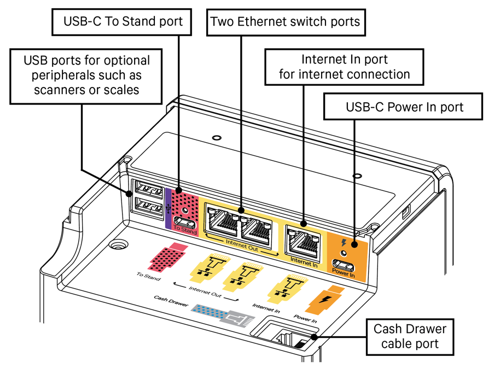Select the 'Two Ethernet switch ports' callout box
coord(285,22)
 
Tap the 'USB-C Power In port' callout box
coord(404,107)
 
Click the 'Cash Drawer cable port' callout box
coord(410,336)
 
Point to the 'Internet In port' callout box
coord(344,66)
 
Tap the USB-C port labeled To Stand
coord(184,224)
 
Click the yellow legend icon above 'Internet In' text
coord(284,287)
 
